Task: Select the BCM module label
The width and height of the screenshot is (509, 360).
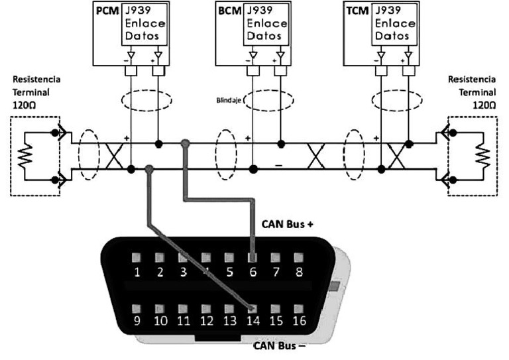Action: [x=229, y=12]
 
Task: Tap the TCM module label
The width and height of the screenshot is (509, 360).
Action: [x=358, y=12]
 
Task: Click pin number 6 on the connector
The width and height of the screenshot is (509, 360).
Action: [x=252, y=270]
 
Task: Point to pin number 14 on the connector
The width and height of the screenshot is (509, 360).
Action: [x=252, y=322]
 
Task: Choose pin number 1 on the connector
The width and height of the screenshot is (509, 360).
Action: [x=137, y=270]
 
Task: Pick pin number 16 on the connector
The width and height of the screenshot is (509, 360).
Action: [x=298, y=322]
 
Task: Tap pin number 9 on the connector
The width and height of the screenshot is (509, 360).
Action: [x=137, y=322]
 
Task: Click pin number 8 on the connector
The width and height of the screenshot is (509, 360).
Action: [x=298, y=270]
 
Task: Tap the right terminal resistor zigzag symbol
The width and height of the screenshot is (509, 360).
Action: [x=481, y=157]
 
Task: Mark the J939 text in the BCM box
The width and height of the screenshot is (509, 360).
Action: [x=258, y=12]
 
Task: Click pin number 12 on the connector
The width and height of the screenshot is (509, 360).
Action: [x=206, y=322]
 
